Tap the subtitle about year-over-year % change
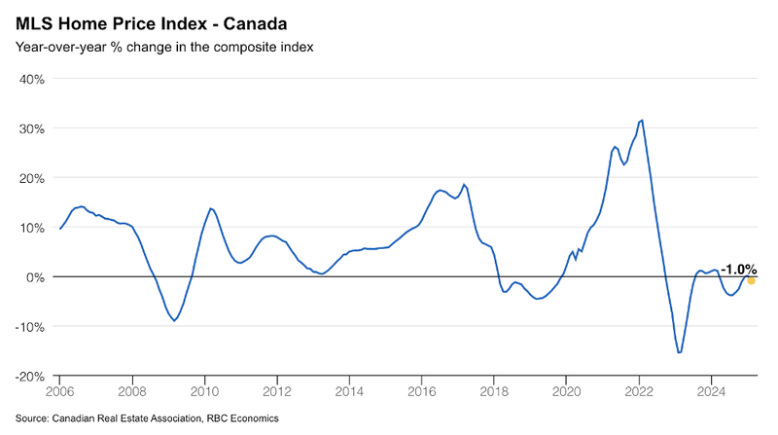pyautogui.click(x=163, y=47)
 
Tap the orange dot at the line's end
pyautogui.click(x=751, y=281)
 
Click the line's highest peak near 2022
pyautogui.click(x=642, y=121)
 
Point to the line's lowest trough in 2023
pyautogui.click(x=679, y=352)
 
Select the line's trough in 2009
pyautogui.click(x=175, y=320)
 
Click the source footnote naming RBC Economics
pyautogui.click(x=147, y=418)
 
